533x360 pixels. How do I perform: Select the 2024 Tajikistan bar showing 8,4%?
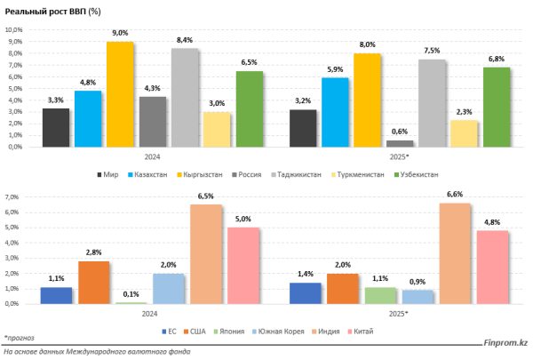click(x=185, y=98)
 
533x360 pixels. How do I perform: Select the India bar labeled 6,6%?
click(x=455, y=253)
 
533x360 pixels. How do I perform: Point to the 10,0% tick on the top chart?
click(x=15, y=29)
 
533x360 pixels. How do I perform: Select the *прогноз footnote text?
click(x=18, y=339)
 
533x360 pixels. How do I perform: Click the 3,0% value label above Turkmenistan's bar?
click(x=217, y=104)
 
